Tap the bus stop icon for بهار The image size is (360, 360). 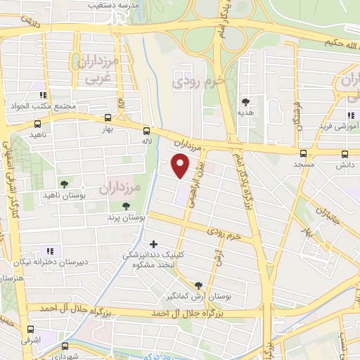pos(108,117)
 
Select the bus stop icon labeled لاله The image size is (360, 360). pos(146,130)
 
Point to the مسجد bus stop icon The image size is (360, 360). pos(303,153)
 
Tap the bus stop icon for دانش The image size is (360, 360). pos(344,153)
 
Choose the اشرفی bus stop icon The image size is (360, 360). pos(30,329)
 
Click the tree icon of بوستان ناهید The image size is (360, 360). pos(65,184)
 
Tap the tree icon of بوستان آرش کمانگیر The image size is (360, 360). pos(198,285)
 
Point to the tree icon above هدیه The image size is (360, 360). pos(245,101)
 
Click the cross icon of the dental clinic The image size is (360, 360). pos(153,245)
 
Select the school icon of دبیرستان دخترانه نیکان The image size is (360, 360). pos(49,251)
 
